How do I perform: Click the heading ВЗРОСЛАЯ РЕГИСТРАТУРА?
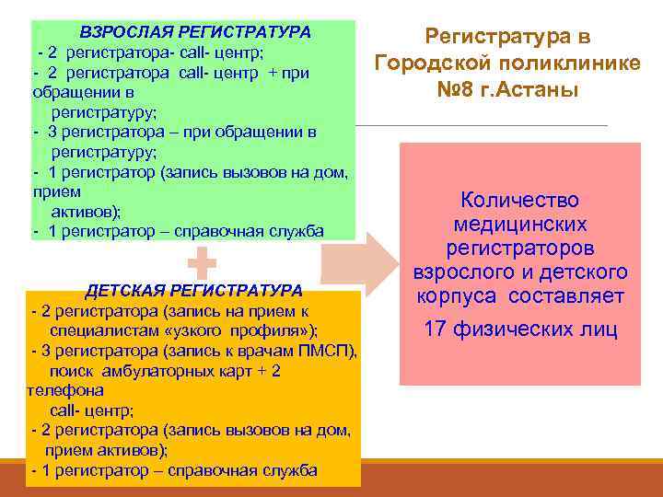tap(195, 32)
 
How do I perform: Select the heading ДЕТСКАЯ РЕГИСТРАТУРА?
tap(194, 290)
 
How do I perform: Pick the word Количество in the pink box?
tap(519, 201)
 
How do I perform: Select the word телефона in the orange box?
tap(66, 390)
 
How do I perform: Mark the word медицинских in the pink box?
tap(519, 225)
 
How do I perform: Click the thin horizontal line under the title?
tap(479, 125)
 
